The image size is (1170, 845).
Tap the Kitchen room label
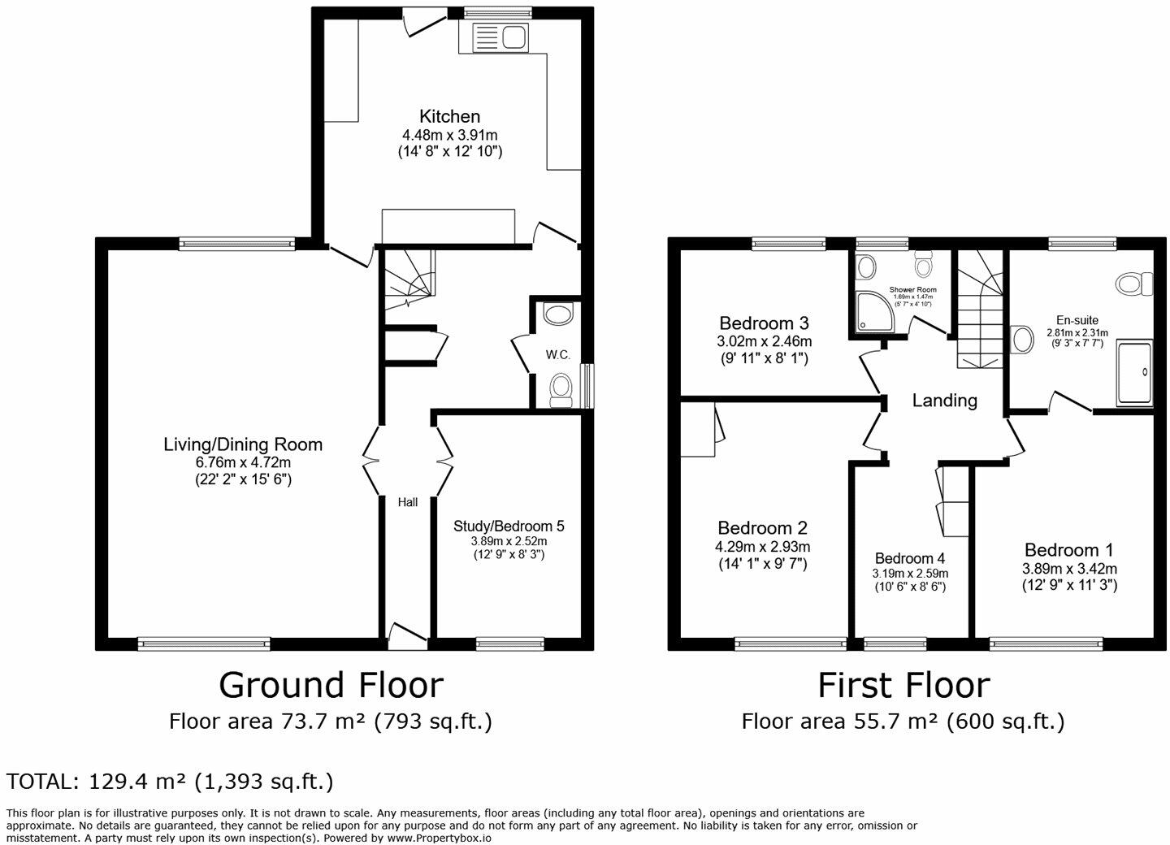point(450,116)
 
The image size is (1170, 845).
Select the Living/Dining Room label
point(243,444)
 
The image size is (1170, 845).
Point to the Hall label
point(407,502)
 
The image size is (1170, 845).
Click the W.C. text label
point(558,355)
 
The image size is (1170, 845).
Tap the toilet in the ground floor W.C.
point(561,390)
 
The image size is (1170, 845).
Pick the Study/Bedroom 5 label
point(509,526)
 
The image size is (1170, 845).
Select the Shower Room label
point(913,289)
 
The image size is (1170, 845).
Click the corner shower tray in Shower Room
point(875,311)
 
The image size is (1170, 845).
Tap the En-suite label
point(1077,320)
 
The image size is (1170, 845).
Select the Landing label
point(944,401)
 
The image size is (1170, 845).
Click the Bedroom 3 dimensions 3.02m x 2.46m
point(764,341)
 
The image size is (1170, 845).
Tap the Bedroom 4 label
point(910,558)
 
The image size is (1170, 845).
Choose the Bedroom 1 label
point(1068,550)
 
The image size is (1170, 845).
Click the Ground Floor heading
point(331,685)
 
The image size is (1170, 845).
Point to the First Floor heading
point(903,685)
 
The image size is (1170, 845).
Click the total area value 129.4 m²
point(136,782)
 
